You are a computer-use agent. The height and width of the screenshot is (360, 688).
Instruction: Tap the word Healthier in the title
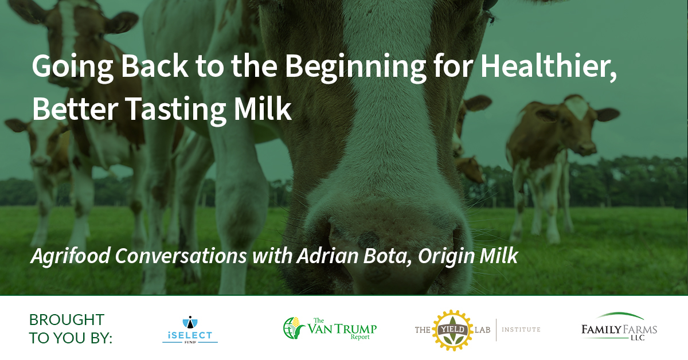[x=549, y=66]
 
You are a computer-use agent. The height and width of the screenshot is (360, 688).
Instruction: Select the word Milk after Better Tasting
[x=263, y=109]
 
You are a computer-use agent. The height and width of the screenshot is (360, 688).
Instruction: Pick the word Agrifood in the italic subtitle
[x=71, y=256]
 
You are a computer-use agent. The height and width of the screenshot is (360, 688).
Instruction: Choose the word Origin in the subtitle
[x=445, y=256]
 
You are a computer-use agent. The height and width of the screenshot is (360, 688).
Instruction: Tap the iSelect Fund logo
[x=190, y=330]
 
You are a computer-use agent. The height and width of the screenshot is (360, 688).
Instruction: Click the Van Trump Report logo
[x=330, y=328]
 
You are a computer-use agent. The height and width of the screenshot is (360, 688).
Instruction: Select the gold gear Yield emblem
[x=453, y=330]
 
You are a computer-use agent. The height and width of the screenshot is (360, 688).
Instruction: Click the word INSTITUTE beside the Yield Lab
[x=521, y=330]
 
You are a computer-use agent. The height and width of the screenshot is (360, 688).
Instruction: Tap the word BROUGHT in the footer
[x=67, y=320]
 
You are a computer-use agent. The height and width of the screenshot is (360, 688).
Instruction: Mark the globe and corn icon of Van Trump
[x=294, y=328]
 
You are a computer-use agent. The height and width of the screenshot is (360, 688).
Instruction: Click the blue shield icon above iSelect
[x=190, y=322]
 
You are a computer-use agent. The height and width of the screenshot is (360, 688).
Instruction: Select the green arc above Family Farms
[x=620, y=315]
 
